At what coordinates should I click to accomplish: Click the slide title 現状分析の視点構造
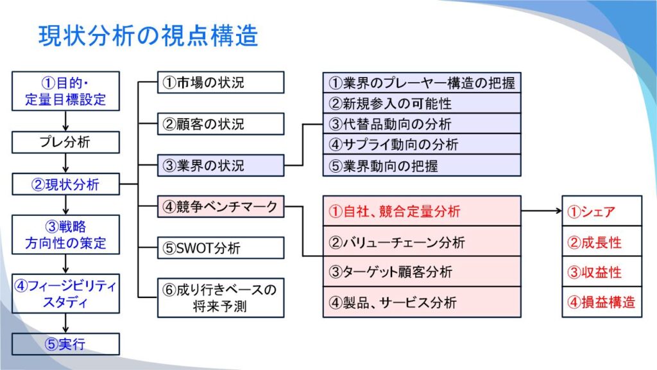(148, 36)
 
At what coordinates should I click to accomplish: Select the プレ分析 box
(66, 142)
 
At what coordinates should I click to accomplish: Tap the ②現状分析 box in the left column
(66, 184)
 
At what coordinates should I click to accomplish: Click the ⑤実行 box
(66, 344)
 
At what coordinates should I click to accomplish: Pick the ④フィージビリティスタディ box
(66, 294)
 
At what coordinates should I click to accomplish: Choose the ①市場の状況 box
(221, 82)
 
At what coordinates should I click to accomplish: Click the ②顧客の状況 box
(221, 124)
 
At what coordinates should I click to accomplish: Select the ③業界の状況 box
(221, 165)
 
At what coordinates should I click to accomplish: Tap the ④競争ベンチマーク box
(221, 206)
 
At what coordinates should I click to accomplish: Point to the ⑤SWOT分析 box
(221, 248)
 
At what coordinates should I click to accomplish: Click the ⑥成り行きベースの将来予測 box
(221, 298)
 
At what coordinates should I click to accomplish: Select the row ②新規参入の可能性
(422, 103)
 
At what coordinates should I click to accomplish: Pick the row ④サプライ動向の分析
(422, 145)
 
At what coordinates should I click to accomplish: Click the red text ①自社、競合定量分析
(395, 211)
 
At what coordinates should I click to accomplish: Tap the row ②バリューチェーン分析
(422, 242)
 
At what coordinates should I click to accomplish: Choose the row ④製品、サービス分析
(422, 303)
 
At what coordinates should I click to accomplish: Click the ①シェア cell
(602, 211)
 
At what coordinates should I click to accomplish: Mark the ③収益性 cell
(602, 272)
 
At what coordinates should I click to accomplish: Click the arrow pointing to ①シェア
(542, 211)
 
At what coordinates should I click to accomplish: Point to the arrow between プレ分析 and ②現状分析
(66, 163)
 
